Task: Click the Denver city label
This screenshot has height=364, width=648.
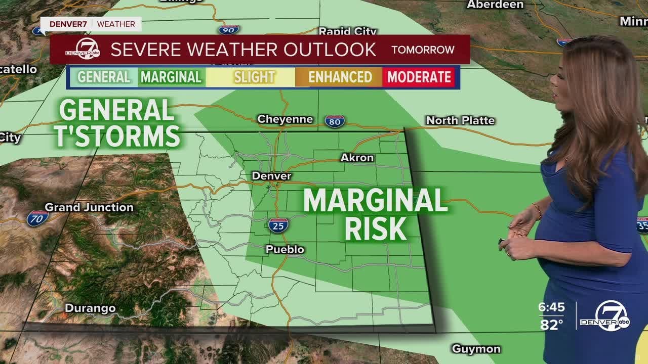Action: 272,176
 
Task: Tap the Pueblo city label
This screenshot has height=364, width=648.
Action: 285,249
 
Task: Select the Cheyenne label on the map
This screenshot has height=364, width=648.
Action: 285,119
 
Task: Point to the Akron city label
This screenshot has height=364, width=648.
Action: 357,158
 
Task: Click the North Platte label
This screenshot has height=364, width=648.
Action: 460,120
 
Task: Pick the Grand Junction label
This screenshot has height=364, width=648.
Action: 89,207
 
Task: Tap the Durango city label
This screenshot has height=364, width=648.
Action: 90,308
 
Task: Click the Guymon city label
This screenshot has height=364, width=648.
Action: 476,349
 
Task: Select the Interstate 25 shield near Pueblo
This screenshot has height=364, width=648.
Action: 278,225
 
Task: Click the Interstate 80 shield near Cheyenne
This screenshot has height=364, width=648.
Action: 335,121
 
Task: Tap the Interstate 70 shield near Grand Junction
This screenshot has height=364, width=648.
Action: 38,218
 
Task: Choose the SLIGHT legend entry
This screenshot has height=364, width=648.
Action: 254,77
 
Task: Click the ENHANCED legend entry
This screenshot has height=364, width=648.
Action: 340,77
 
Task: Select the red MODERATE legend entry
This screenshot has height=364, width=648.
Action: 419,77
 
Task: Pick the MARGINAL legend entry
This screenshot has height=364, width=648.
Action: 171,77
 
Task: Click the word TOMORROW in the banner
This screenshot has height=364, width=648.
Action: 423,50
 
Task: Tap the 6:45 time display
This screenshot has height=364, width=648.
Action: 551,307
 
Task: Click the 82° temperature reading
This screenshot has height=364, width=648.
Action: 551,325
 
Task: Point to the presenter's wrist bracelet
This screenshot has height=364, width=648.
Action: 537,210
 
